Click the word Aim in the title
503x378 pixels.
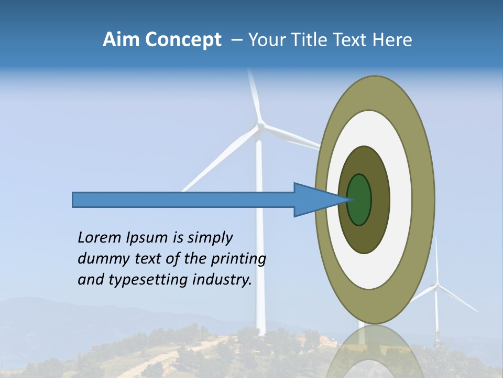(x=121, y=40)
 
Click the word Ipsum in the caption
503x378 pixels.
(x=147, y=238)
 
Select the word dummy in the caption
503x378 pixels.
(x=99, y=259)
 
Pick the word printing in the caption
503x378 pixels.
(x=238, y=259)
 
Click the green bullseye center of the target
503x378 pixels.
(x=359, y=200)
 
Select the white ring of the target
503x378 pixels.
(x=401, y=199)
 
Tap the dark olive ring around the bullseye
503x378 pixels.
(x=380, y=199)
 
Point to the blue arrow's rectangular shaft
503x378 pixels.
(x=183, y=200)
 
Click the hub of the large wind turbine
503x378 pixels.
(x=258, y=126)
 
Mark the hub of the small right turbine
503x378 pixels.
(x=436, y=287)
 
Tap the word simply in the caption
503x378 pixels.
(x=210, y=238)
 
